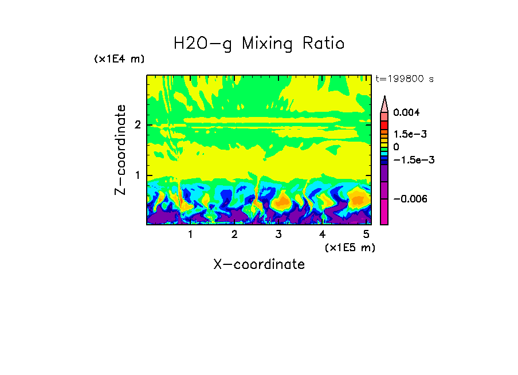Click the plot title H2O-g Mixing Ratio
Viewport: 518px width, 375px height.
(259, 44)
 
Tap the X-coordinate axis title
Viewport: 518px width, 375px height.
(259, 264)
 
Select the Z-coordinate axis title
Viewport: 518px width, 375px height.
(120, 150)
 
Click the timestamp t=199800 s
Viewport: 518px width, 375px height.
(405, 79)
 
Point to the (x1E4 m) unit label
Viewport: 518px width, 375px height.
(119, 59)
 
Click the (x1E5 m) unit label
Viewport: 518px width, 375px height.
(350, 247)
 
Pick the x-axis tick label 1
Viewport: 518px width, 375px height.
(190, 235)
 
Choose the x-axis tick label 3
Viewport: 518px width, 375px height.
(278, 235)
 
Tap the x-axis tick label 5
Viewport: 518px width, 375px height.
(366, 235)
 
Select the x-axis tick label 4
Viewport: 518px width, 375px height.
(322, 235)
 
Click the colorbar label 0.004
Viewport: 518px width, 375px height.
(406, 112)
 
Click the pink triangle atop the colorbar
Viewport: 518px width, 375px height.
(384, 104)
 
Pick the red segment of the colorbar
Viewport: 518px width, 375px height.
(384, 124)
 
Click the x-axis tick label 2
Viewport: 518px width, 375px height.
(234, 235)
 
